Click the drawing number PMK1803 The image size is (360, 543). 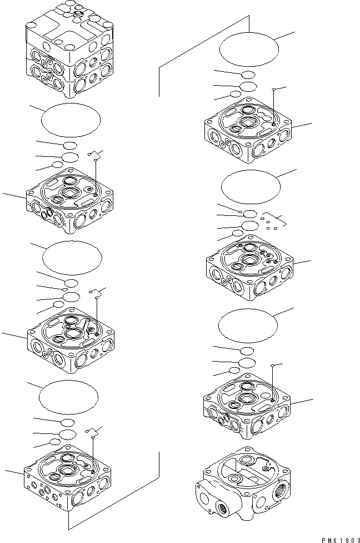(x=340, y=539)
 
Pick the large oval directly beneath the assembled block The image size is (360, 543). (x=71, y=120)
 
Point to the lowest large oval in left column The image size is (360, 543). (x=68, y=396)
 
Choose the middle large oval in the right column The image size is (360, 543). (x=250, y=186)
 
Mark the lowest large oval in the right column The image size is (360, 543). (x=248, y=324)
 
